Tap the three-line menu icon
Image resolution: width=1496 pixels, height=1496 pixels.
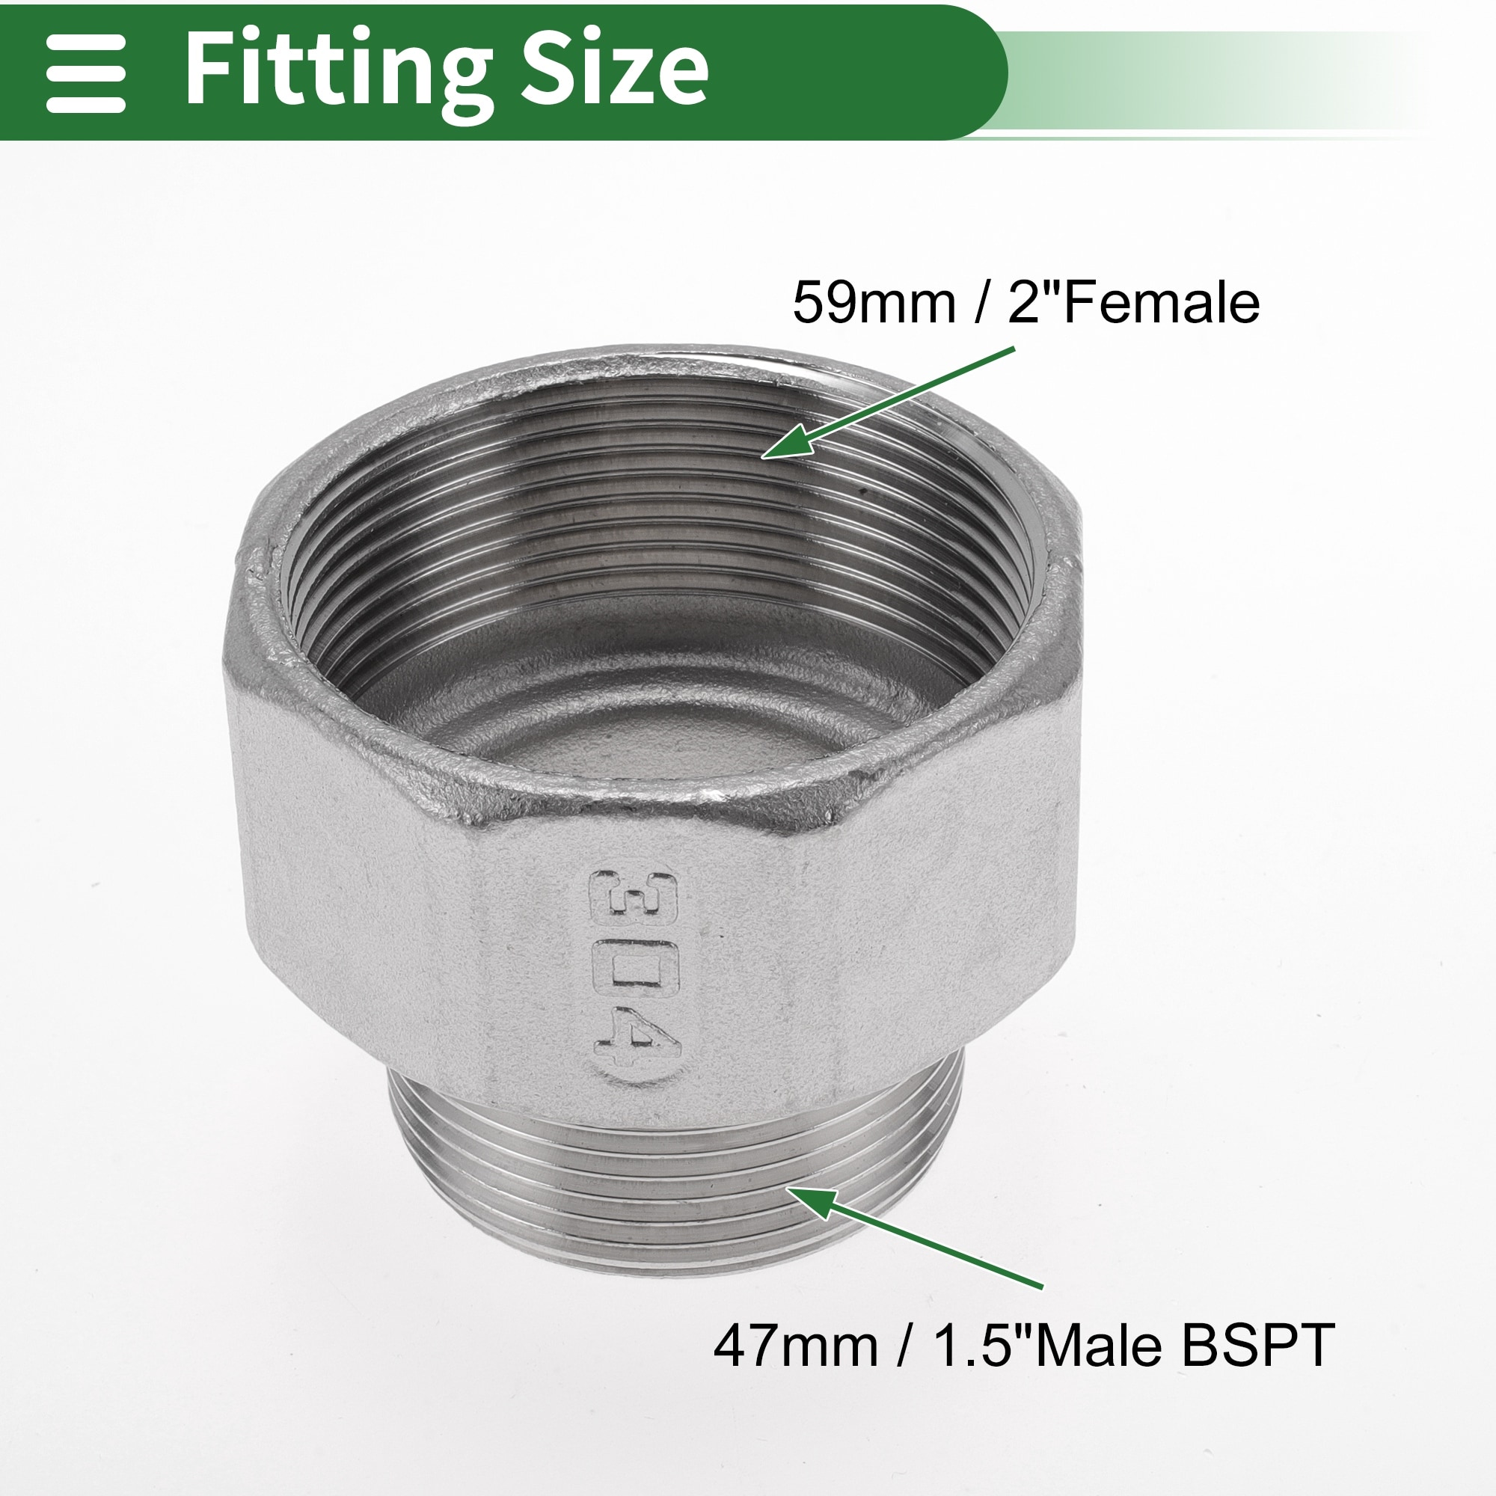(85, 72)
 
